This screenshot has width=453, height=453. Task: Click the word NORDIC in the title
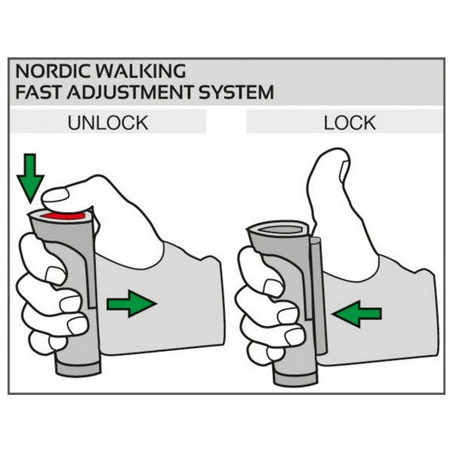point(52,71)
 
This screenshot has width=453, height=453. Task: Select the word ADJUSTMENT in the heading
point(130,92)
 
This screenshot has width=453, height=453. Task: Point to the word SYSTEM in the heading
point(236,92)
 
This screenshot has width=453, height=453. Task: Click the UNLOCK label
point(108,123)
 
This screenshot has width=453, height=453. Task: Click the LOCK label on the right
point(350,123)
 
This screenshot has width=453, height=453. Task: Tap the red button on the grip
point(63,216)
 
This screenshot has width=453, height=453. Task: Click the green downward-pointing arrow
point(30,177)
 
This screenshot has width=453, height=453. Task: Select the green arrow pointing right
point(131,304)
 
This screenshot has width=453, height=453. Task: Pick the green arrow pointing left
point(357,314)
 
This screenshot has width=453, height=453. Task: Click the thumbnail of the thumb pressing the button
point(55,195)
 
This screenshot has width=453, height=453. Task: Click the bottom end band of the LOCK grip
point(295,378)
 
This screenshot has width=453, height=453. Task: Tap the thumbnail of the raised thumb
point(344,171)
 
